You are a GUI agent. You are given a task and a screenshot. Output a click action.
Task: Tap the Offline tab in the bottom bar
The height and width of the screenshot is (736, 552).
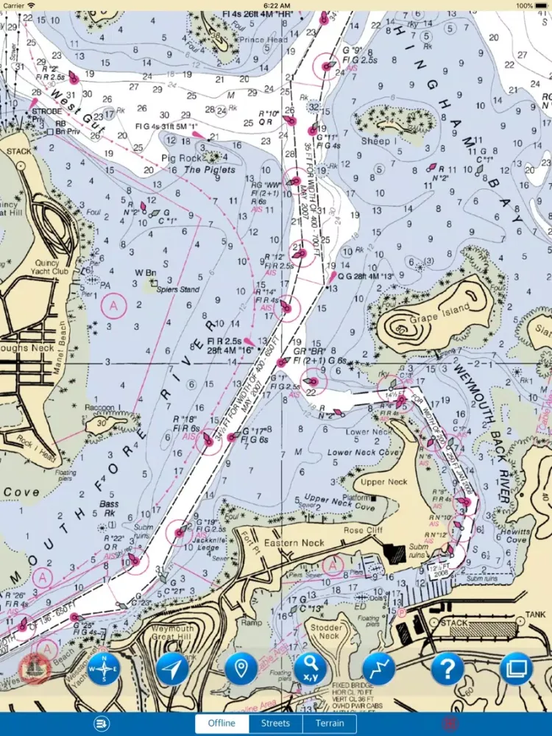(x=222, y=723)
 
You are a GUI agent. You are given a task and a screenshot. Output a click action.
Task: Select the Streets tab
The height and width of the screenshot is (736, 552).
(x=275, y=723)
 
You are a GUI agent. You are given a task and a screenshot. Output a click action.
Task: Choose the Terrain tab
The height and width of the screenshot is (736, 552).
(x=329, y=723)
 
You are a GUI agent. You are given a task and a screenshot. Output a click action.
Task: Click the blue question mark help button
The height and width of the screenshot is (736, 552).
(x=447, y=669)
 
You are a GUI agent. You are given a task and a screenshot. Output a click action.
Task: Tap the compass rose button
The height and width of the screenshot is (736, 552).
(x=104, y=669)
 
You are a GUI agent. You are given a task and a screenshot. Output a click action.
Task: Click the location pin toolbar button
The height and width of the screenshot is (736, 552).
(x=241, y=669)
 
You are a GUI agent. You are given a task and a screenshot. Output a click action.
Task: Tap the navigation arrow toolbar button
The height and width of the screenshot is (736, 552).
(x=172, y=669)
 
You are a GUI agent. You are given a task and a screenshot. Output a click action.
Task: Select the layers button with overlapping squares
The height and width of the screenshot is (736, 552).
(x=515, y=669)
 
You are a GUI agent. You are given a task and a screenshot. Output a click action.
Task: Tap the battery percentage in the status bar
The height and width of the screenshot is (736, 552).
(x=525, y=5)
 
